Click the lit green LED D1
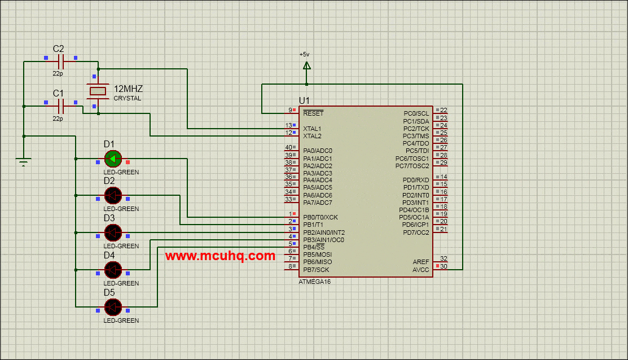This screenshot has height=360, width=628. coord(113,159)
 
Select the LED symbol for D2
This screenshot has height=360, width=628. coord(113,195)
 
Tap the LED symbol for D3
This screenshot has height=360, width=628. coord(113,232)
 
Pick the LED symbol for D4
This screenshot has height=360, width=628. coord(113,270)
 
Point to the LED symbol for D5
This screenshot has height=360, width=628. coord(113,307)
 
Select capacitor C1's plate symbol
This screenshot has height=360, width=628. coord(61,106)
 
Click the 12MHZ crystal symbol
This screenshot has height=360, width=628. coord(98,91)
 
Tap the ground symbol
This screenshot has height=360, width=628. coord(23,162)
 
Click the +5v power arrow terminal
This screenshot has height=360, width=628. coord(306,66)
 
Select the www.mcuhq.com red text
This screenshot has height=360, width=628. coord(220,256)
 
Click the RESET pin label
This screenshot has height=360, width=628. coord(313,113)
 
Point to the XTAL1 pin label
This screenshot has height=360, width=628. coord(312,129)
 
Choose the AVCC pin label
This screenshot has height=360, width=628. coord(420,270)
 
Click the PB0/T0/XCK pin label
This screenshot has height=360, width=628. coord(320,217)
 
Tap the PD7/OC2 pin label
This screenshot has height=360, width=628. coord(416,232)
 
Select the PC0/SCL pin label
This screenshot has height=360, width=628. coord(416,113)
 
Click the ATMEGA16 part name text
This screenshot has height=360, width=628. coord(314,282)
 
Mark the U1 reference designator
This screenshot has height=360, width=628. coord(305,100)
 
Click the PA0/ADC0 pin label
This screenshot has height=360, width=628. coord(318,151)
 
